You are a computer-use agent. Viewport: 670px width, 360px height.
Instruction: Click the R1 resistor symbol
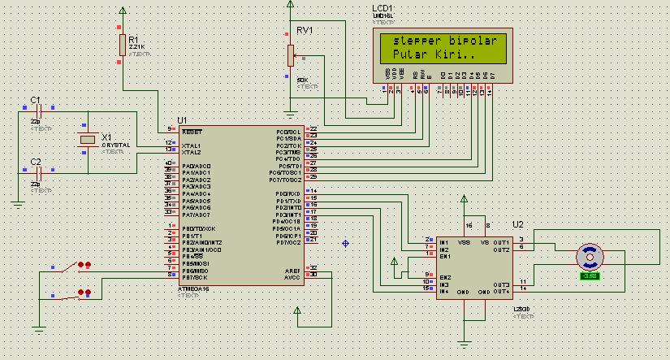tap(123, 44)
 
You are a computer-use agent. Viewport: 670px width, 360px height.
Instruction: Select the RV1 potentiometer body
tap(290, 55)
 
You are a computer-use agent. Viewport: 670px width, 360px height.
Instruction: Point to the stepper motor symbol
tap(590, 258)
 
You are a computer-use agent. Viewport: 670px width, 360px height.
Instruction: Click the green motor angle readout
tap(590, 276)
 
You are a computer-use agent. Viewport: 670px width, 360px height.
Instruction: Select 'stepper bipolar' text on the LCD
tap(443, 41)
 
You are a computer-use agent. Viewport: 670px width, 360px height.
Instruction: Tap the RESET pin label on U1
tap(192, 131)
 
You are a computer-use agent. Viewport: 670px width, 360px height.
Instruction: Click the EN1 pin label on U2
tap(445, 257)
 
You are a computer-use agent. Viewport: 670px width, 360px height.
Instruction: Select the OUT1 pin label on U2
tap(500, 242)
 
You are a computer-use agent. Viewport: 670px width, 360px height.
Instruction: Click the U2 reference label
tap(517, 223)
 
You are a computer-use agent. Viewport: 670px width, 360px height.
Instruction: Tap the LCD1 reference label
tap(382, 7)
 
